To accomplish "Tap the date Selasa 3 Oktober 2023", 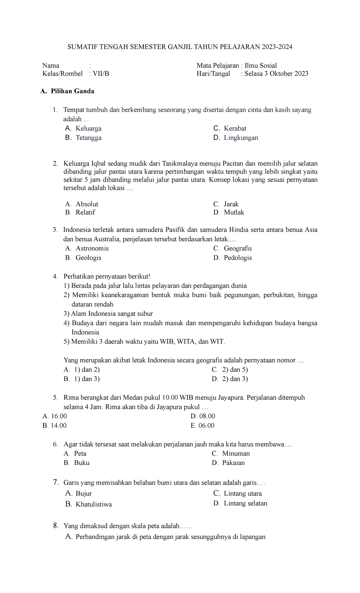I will coord(276,74).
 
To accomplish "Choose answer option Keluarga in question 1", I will coord(88,128).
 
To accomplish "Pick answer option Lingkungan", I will coord(241,138).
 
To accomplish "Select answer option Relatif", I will coord(85,212).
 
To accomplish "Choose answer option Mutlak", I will coord(234,212).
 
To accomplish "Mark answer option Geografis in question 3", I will coord(238,248).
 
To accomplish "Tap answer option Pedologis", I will coord(238,258).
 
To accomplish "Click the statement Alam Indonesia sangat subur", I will coord(112,314).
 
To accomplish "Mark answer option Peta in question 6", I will coord(80,453).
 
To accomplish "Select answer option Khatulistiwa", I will coord(94,504).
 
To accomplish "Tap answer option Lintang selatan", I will coord(245,504).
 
